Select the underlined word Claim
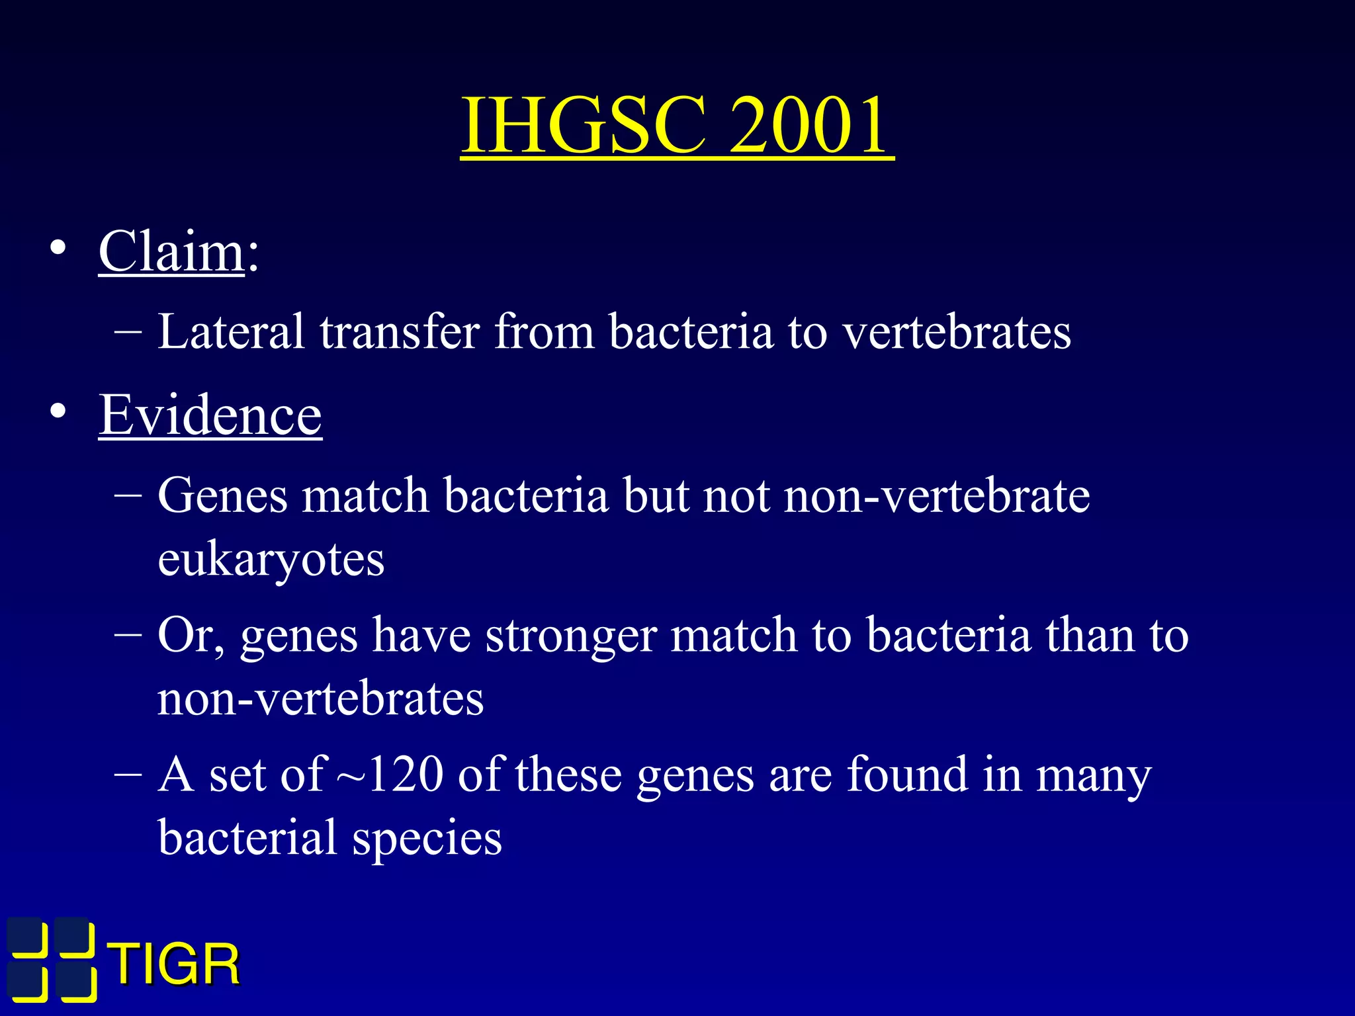pyautogui.click(x=171, y=252)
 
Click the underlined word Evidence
pyautogui.click(x=210, y=415)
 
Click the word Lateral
pyautogui.click(x=231, y=331)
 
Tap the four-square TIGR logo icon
pyautogui.click(x=52, y=958)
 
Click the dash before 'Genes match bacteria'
pyautogui.click(x=127, y=496)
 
